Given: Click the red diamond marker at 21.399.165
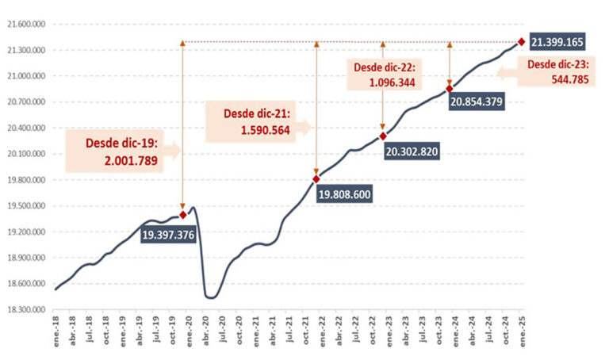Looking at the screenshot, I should [521, 42].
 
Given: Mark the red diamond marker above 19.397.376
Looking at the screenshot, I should [183, 215].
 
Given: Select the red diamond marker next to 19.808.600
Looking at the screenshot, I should [316, 179].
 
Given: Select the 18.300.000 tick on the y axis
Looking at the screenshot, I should [29, 310].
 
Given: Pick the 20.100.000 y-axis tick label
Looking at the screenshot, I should [29, 154].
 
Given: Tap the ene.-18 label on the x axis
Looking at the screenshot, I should [56, 336].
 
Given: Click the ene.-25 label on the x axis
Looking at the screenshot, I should [521, 336].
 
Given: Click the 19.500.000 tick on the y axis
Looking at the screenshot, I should [29, 206].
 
